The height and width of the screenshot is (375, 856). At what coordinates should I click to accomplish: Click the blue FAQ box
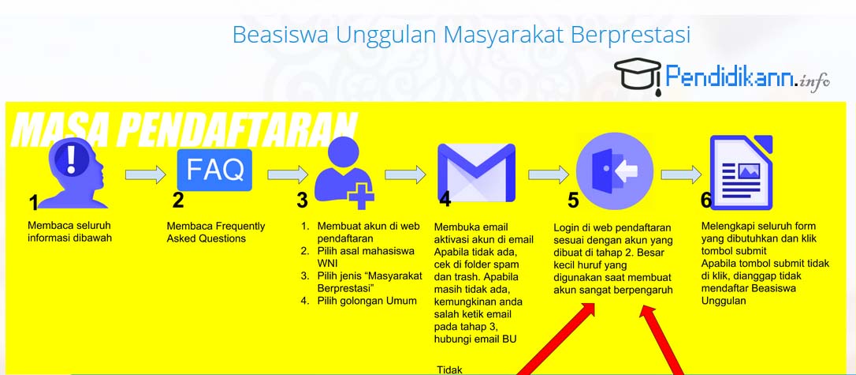(214, 170)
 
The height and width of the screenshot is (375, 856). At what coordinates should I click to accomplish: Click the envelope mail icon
(477, 173)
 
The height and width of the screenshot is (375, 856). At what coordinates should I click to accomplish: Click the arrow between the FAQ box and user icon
(288, 175)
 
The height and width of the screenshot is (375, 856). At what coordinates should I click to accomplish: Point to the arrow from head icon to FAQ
(145, 175)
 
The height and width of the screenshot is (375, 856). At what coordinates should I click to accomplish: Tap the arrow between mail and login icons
(548, 175)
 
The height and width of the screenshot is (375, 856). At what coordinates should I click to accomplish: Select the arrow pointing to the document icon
(681, 175)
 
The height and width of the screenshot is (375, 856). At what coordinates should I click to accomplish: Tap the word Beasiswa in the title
(281, 35)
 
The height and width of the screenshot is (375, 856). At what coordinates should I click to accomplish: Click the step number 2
(178, 201)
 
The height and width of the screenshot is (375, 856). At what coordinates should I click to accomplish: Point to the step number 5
(573, 201)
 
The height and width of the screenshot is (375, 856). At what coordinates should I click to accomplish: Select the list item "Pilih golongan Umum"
(359, 301)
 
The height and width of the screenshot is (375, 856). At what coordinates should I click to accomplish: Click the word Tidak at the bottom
(449, 370)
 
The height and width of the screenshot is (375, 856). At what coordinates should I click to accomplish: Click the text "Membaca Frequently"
(216, 227)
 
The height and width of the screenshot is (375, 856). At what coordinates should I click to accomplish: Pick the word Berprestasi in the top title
(631, 35)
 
